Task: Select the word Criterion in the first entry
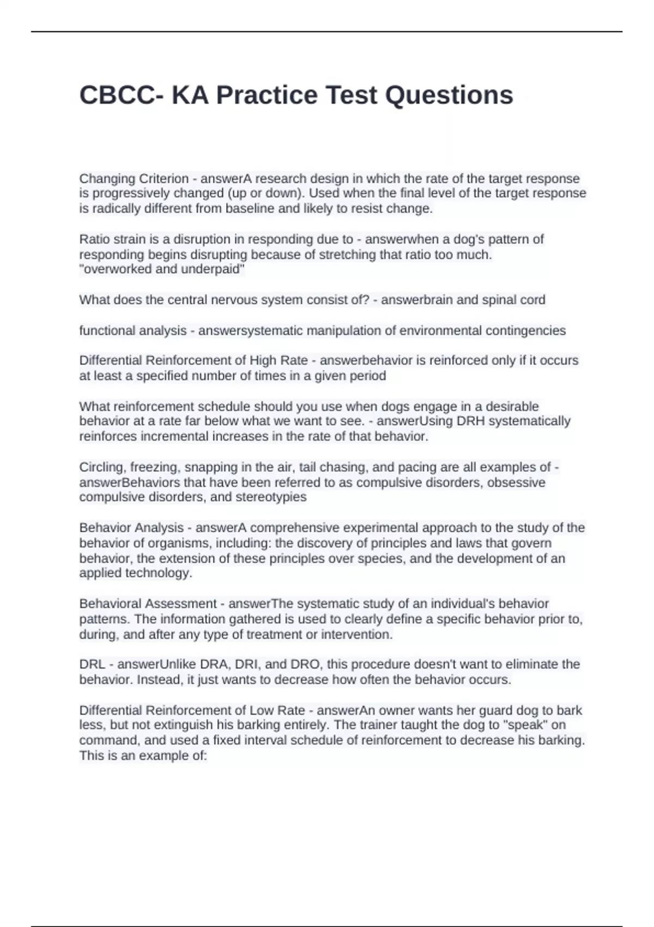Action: tap(164, 179)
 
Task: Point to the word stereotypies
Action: tap(271, 497)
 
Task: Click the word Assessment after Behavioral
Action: tap(187, 604)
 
